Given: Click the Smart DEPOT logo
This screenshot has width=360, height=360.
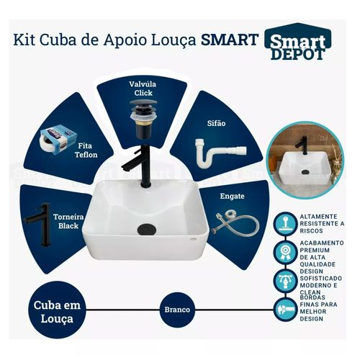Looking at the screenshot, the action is [x=298, y=42].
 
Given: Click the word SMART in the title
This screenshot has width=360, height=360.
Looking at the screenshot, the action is [x=230, y=40].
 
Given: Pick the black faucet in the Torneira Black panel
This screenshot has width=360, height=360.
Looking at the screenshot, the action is [x=38, y=225].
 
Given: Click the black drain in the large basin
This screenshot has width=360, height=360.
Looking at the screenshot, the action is [x=147, y=230].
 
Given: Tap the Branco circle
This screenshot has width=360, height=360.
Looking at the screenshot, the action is [x=177, y=310].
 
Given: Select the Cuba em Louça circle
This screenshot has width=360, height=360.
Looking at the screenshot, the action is [x=57, y=312].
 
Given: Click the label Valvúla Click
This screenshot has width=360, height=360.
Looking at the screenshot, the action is [x=143, y=89].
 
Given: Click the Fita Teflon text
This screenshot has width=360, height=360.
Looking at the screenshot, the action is [x=86, y=150].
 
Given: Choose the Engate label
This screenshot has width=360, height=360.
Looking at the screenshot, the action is [x=232, y=196].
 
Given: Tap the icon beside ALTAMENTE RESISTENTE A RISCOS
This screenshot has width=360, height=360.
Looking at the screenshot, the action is [x=285, y=224].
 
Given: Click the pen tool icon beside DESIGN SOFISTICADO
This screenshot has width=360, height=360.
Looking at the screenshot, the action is [x=285, y=281].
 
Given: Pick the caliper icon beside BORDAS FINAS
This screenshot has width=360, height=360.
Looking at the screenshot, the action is [x=285, y=310].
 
